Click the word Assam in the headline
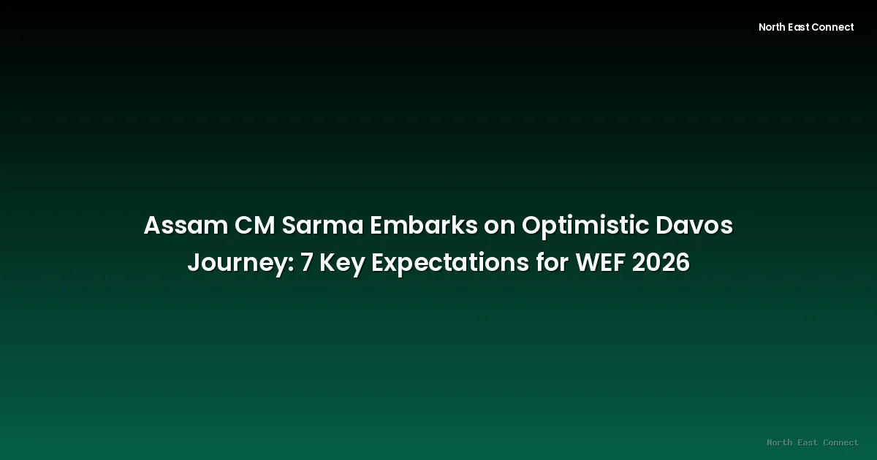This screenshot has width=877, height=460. (x=186, y=226)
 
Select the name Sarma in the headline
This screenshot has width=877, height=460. (x=322, y=226)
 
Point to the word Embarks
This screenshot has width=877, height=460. (x=424, y=226)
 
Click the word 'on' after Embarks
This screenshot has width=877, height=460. (x=499, y=228)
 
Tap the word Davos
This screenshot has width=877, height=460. (x=694, y=226)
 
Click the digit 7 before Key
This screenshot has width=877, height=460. (x=306, y=262)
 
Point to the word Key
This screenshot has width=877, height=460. (x=342, y=264)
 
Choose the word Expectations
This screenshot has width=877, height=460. (x=450, y=264)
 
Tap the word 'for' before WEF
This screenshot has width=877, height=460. (x=553, y=261)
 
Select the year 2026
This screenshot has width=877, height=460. (x=661, y=262)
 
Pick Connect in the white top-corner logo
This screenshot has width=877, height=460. (x=832, y=27)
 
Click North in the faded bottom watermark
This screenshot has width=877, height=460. (x=780, y=442)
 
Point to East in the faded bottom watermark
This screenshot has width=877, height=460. (x=808, y=442)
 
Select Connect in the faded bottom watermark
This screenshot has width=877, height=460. (x=841, y=442)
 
